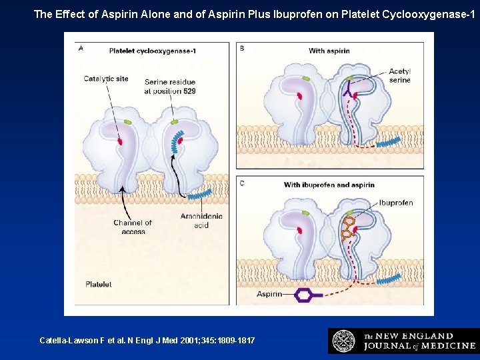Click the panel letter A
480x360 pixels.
tap(81, 48)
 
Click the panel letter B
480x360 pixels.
tap(242, 48)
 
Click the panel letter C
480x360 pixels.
tap(242, 183)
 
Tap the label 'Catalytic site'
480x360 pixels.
tap(106, 79)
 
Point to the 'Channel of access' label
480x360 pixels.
tap(132, 227)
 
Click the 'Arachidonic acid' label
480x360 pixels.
tap(201, 221)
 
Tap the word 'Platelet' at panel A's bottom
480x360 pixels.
tap(98, 285)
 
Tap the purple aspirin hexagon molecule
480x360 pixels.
tap(304, 294)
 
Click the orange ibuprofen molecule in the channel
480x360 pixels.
tap(347, 227)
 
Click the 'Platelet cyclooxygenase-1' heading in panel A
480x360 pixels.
tap(152, 51)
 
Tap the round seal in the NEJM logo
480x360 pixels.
tap(343, 341)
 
